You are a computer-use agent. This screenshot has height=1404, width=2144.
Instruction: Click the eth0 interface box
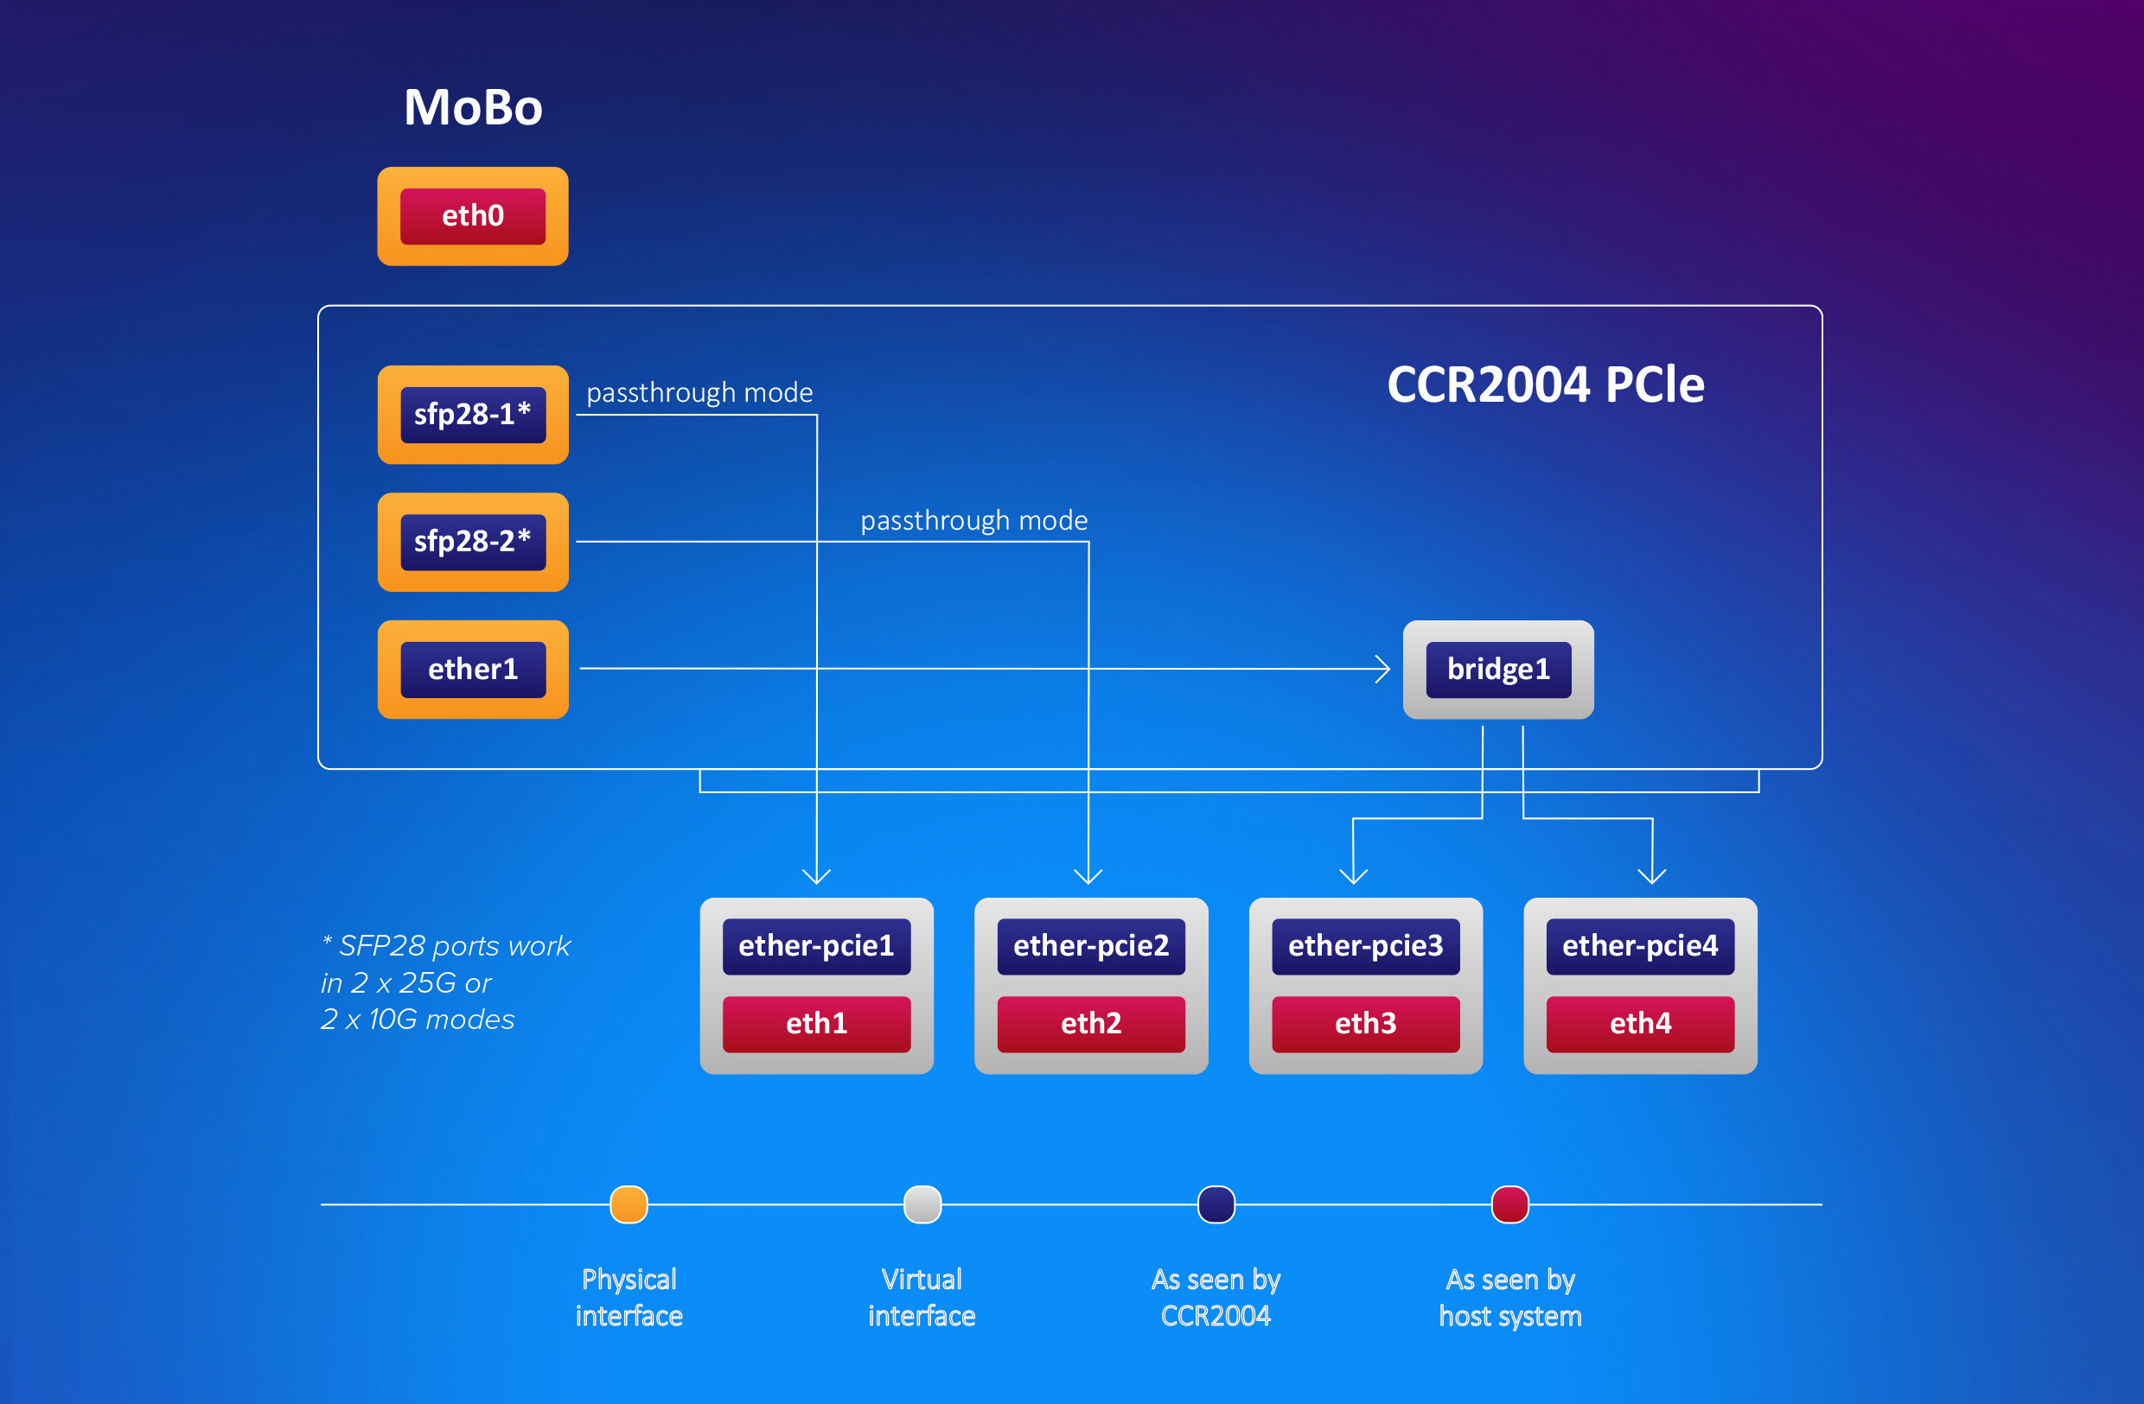coord(472,216)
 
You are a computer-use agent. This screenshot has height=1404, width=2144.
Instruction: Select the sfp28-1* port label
coord(473,414)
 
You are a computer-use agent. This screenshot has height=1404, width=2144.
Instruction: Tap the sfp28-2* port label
coord(473,541)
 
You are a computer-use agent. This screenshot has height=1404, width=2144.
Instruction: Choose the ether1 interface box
coord(473,669)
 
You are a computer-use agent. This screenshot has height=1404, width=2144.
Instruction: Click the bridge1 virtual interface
coord(1498,669)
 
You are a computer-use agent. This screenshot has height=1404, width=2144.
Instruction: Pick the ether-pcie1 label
coord(816,945)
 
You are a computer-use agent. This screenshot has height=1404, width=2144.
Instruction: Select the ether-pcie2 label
coord(1091,945)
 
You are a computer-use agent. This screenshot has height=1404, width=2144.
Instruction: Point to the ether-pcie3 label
coord(1366,945)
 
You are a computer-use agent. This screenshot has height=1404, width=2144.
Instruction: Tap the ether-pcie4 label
coord(1641,945)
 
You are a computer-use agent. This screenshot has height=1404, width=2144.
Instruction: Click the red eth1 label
coord(816,1024)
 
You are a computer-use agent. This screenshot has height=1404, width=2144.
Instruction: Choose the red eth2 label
coord(1091,1024)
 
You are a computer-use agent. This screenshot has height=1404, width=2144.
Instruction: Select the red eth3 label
coord(1366,1024)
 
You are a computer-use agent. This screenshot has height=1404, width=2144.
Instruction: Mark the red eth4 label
coord(1641,1024)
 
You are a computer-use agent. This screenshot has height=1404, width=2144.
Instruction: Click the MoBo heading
coord(473,107)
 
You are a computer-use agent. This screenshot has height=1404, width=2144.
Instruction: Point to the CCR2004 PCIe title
coord(1546,384)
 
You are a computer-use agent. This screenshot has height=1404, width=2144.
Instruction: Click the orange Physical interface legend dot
coord(629,1204)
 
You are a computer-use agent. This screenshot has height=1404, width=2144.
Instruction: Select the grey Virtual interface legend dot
coord(922,1204)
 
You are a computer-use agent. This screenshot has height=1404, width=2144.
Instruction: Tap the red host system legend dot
coord(1509,1204)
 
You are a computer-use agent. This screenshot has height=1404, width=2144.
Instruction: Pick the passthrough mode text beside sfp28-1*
coord(700,392)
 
